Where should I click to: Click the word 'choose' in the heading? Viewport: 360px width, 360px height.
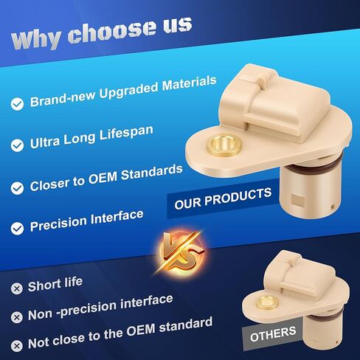(x=111, y=31)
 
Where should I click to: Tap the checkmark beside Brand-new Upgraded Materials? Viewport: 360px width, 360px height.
(x=17, y=104)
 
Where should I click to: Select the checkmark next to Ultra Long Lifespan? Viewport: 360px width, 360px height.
(x=17, y=145)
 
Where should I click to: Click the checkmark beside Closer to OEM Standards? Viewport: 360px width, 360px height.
(x=17, y=188)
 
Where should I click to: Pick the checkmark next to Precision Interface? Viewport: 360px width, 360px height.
(x=17, y=229)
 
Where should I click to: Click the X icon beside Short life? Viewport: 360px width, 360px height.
(x=17, y=288)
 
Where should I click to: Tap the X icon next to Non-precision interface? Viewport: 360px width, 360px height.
(x=17, y=317)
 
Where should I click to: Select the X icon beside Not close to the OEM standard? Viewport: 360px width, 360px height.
(x=17, y=346)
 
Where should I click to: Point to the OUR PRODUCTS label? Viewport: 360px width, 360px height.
(x=223, y=198)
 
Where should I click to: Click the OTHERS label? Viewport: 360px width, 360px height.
(x=272, y=334)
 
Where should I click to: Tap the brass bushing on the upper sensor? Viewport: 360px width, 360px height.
(x=224, y=145)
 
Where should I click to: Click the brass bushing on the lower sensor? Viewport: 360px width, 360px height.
(x=267, y=302)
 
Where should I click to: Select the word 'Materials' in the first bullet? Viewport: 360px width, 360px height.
(x=190, y=83)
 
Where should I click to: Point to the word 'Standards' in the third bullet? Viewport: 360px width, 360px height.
(x=152, y=173)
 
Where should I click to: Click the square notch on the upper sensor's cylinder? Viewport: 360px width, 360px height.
(x=298, y=200)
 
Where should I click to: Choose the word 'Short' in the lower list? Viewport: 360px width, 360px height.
(x=44, y=285)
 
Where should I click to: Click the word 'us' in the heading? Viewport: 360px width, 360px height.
(x=178, y=24)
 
